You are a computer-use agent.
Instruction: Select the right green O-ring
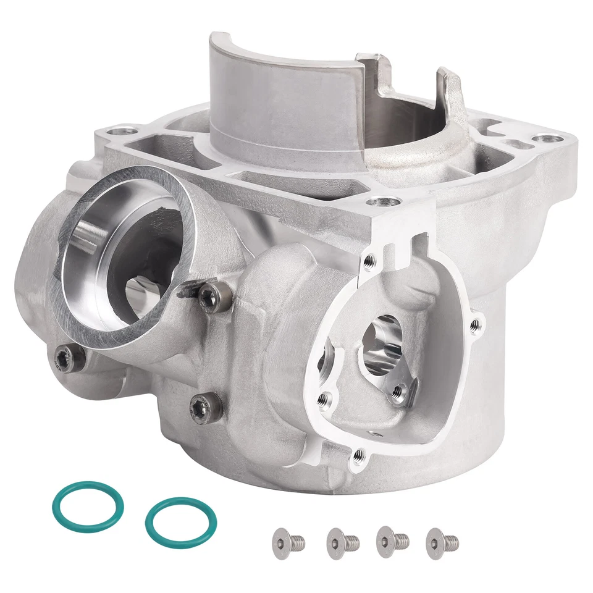[180, 523]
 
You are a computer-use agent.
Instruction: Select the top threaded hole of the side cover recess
[369, 261]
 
